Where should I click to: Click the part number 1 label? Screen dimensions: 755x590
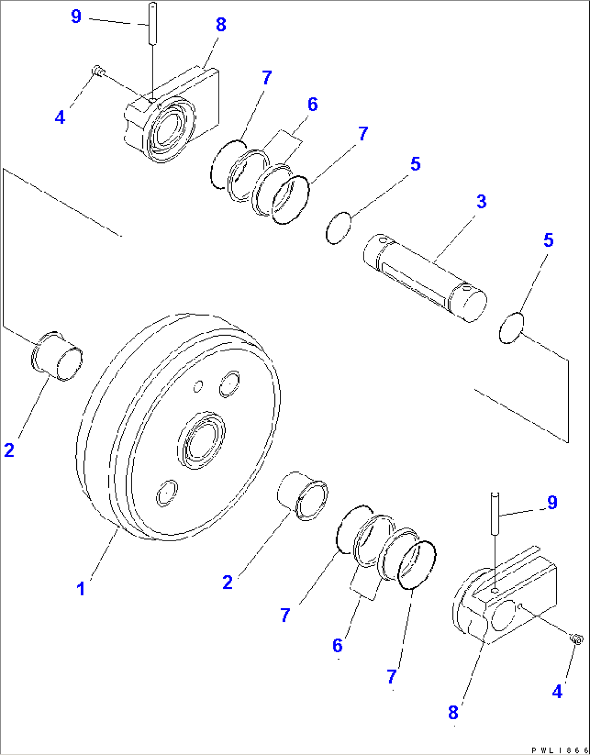click(x=81, y=588)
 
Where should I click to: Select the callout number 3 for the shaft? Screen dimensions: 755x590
click(x=481, y=202)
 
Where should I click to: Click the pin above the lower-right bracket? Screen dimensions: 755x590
click(x=495, y=512)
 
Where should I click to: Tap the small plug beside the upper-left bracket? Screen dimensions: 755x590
click(x=98, y=70)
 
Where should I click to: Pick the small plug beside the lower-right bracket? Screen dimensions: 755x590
click(x=577, y=639)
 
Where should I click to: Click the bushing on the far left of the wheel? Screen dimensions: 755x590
click(x=57, y=357)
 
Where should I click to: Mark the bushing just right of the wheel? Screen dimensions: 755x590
click(x=303, y=495)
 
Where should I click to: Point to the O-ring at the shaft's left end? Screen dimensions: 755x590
click(x=339, y=228)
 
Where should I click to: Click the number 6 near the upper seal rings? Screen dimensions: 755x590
click(x=312, y=104)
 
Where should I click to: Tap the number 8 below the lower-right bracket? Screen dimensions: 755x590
click(x=453, y=712)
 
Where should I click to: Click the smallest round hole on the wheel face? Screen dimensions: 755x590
click(x=199, y=386)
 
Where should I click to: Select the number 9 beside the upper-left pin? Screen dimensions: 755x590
click(x=76, y=17)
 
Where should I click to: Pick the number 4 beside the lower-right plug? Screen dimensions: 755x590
click(x=557, y=691)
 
